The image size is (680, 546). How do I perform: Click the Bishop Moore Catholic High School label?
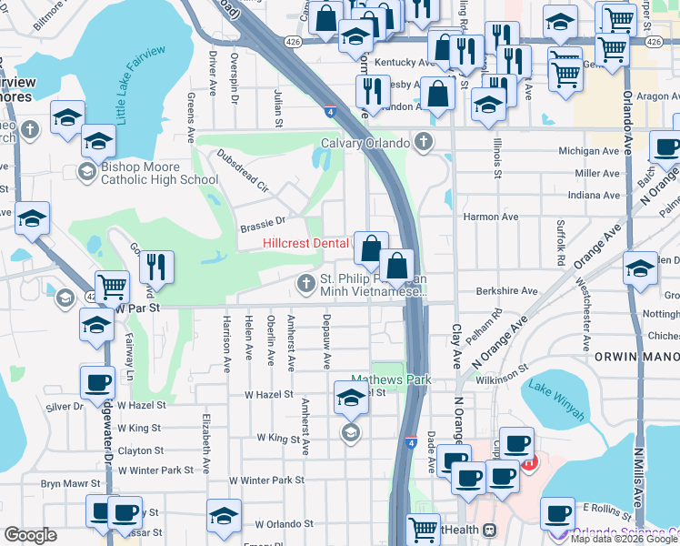pyautogui.click(x=160, y=173)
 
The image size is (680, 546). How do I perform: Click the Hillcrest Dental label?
pyautogui.click(x=306, y=243)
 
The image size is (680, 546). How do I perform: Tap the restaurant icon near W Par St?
pyautogui.click(x=156, y=267)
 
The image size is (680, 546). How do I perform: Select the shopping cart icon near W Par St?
pyautogui.click(x=112, y=287)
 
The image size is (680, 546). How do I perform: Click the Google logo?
pyautogui.click(x=30, y=535)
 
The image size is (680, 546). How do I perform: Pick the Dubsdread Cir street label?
pyautogui.click(x=242, y=172)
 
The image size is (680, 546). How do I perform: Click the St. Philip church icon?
pyautogui.click(x=309, y=285)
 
